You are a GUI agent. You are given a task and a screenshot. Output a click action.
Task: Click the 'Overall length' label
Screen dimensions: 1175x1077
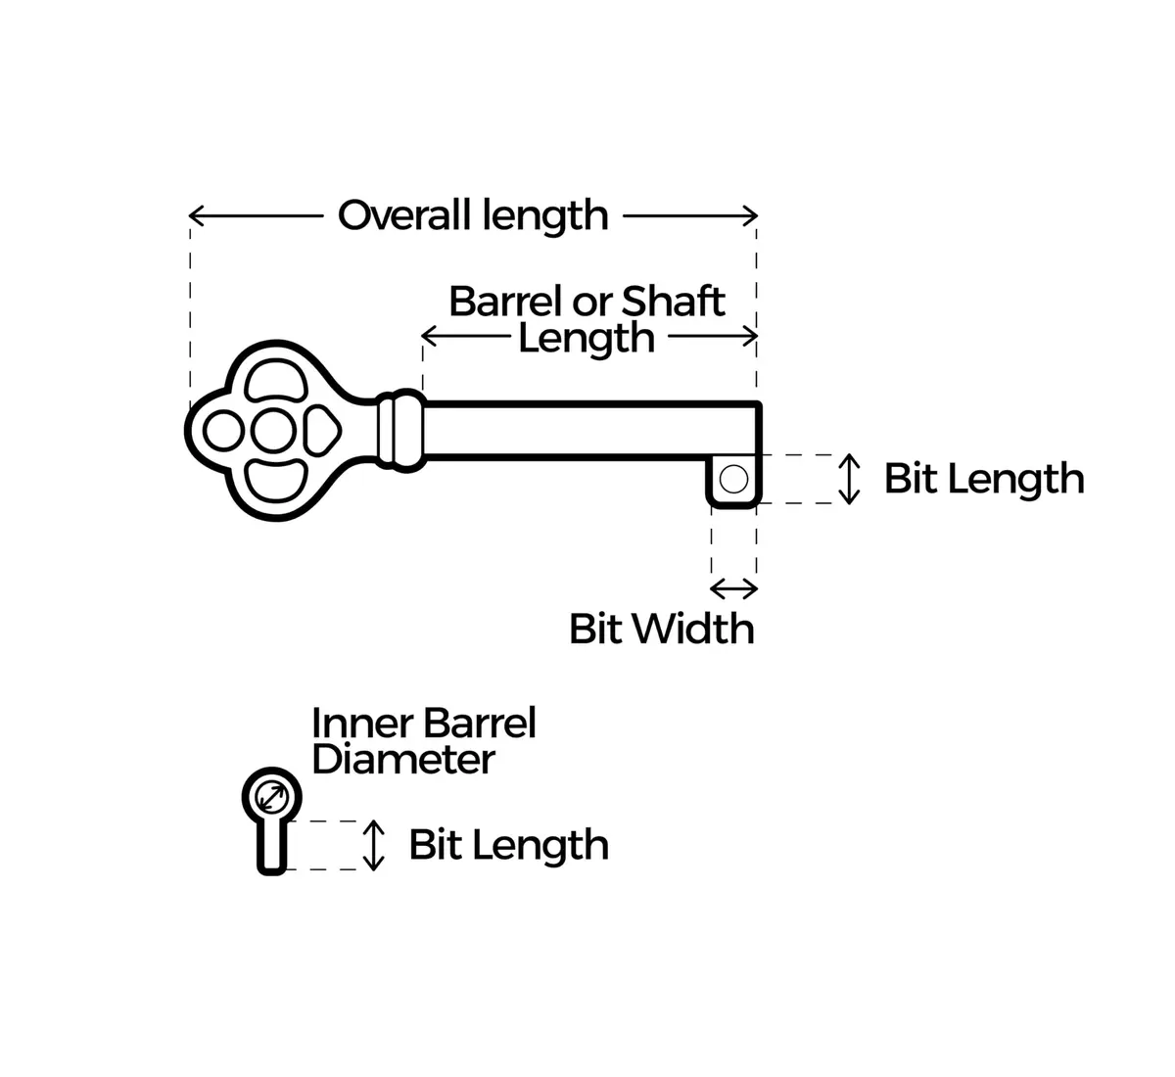473,215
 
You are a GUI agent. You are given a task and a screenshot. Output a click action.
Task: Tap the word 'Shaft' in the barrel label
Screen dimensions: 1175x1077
673,302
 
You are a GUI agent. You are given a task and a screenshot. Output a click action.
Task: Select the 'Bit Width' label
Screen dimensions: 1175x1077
661,630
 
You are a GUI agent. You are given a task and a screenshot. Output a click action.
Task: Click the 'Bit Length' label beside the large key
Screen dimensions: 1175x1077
984,480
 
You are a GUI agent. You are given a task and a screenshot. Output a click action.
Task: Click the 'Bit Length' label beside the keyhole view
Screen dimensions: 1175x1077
508,846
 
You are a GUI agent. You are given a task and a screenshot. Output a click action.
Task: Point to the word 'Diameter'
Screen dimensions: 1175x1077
403,760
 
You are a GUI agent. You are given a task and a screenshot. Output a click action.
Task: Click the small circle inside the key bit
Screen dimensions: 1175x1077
733,480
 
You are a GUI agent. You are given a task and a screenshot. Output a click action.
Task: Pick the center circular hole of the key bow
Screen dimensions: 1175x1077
273,431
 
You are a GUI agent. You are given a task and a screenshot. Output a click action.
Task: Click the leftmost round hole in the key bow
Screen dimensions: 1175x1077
223,431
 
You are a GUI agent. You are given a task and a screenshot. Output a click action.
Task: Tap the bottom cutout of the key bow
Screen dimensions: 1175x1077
275,481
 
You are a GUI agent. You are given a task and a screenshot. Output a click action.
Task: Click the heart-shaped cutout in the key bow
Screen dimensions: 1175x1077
322,431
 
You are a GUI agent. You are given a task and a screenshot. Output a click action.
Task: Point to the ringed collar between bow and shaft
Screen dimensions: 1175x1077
401,430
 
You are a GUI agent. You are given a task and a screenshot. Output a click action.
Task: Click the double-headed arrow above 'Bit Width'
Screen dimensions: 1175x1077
733,588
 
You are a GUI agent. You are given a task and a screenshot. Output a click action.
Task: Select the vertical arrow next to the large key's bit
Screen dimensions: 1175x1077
849,480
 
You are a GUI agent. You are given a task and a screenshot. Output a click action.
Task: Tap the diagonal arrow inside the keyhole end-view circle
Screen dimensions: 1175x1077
272,798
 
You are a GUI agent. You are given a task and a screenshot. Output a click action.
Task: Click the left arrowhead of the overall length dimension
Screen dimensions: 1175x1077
196,215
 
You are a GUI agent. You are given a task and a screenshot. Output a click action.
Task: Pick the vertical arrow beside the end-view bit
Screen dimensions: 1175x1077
373,846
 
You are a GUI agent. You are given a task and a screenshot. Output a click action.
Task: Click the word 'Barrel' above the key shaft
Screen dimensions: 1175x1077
507,302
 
